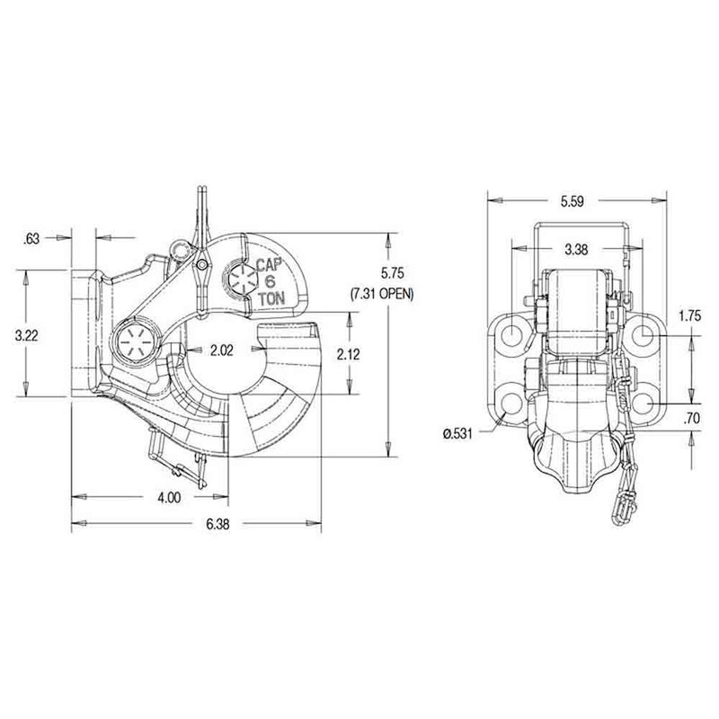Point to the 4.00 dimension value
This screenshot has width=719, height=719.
click(x=168, y=496)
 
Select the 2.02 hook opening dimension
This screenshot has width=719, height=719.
click(x=222, y=351)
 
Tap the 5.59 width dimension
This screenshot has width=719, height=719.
click(x=572, y=202)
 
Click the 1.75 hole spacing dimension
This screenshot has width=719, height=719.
click(x=690, y=315)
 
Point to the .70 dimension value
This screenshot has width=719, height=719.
click(x=690, y=418)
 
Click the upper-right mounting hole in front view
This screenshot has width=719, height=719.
click(x=646, y=335)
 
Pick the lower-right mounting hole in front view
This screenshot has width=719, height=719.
click(x=646, y=406)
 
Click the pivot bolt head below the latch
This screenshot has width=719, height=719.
click(x=138, y=342)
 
